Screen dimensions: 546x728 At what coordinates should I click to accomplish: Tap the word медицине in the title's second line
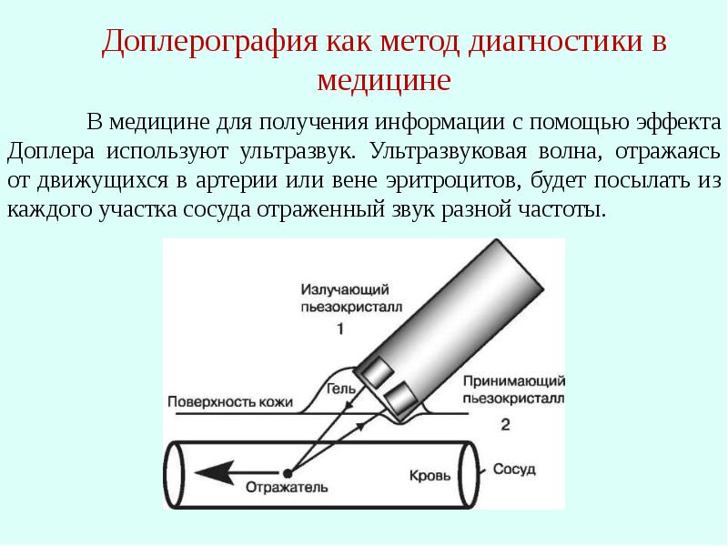click(383, 80)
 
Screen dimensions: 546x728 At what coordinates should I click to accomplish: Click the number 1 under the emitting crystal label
click(339, 329)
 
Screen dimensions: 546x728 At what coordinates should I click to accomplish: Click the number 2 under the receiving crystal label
click(506, 424)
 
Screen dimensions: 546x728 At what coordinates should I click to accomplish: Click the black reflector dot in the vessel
click(288, 471)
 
